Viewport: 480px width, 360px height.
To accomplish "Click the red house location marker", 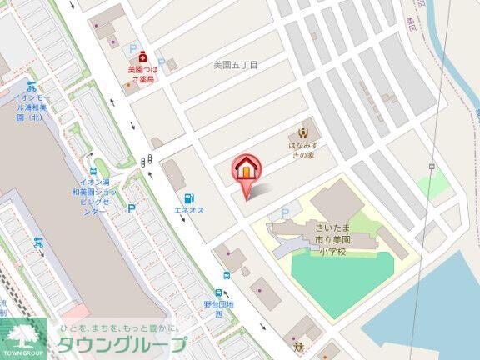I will click(x=247, y=171).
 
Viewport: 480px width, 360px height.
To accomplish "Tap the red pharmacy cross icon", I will click(x=143, y=57).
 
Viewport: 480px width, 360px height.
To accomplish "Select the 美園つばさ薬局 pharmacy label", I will click(x=142, y=76).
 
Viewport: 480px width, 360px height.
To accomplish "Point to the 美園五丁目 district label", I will click(x=236, y=64).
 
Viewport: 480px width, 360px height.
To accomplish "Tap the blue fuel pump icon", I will click(x=190, y=198).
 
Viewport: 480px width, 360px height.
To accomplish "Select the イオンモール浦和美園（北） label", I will click(x=32, y=107).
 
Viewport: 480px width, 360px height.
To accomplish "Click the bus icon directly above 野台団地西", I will click(x=219, y=293).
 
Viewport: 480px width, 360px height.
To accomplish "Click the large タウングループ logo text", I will click(x=121, y=344).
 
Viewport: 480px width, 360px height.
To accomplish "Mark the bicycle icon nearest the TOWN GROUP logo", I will click(x=37, y=242).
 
